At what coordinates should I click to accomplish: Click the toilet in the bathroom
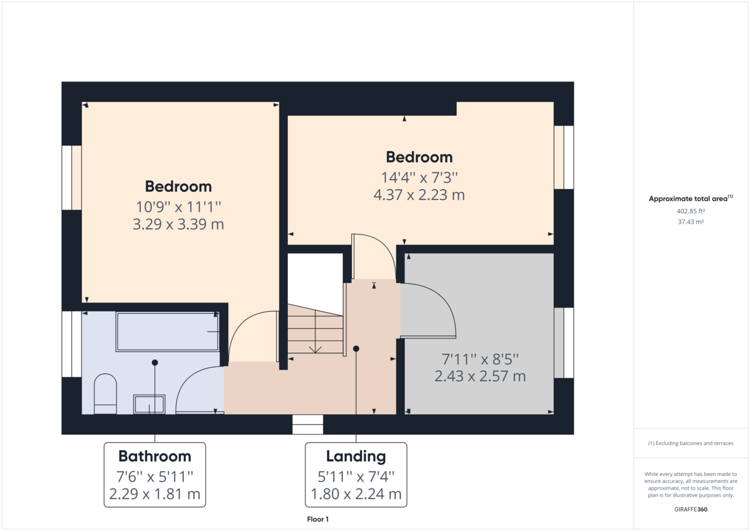[x=105, y=394]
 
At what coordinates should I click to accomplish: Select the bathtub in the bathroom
[x=167, y=331]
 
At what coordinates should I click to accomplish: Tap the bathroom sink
[x=150, y=404]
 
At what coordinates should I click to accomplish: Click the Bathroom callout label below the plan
[x=155, y=475]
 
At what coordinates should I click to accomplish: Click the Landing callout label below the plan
[x=355, y=475]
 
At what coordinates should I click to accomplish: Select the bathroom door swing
[x=197, y=391]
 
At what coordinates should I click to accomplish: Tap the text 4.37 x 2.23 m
[x=419, y=195]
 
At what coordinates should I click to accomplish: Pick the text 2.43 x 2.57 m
[x=480, y=377]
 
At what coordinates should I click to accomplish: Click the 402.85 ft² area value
[x=690, y=211]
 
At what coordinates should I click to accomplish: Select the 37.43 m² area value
[x=690, y=221]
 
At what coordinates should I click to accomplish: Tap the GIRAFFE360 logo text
[x=691, y=509]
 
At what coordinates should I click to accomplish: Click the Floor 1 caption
[x=318, y=519]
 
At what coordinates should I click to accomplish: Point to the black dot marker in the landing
[x=356, y=348]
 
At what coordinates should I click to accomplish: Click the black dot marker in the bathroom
[x=155, y=363]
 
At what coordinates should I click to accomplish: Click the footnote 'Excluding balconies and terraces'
[x=691, y=443]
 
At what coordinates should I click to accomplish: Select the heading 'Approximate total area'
[x=688, y=199]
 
